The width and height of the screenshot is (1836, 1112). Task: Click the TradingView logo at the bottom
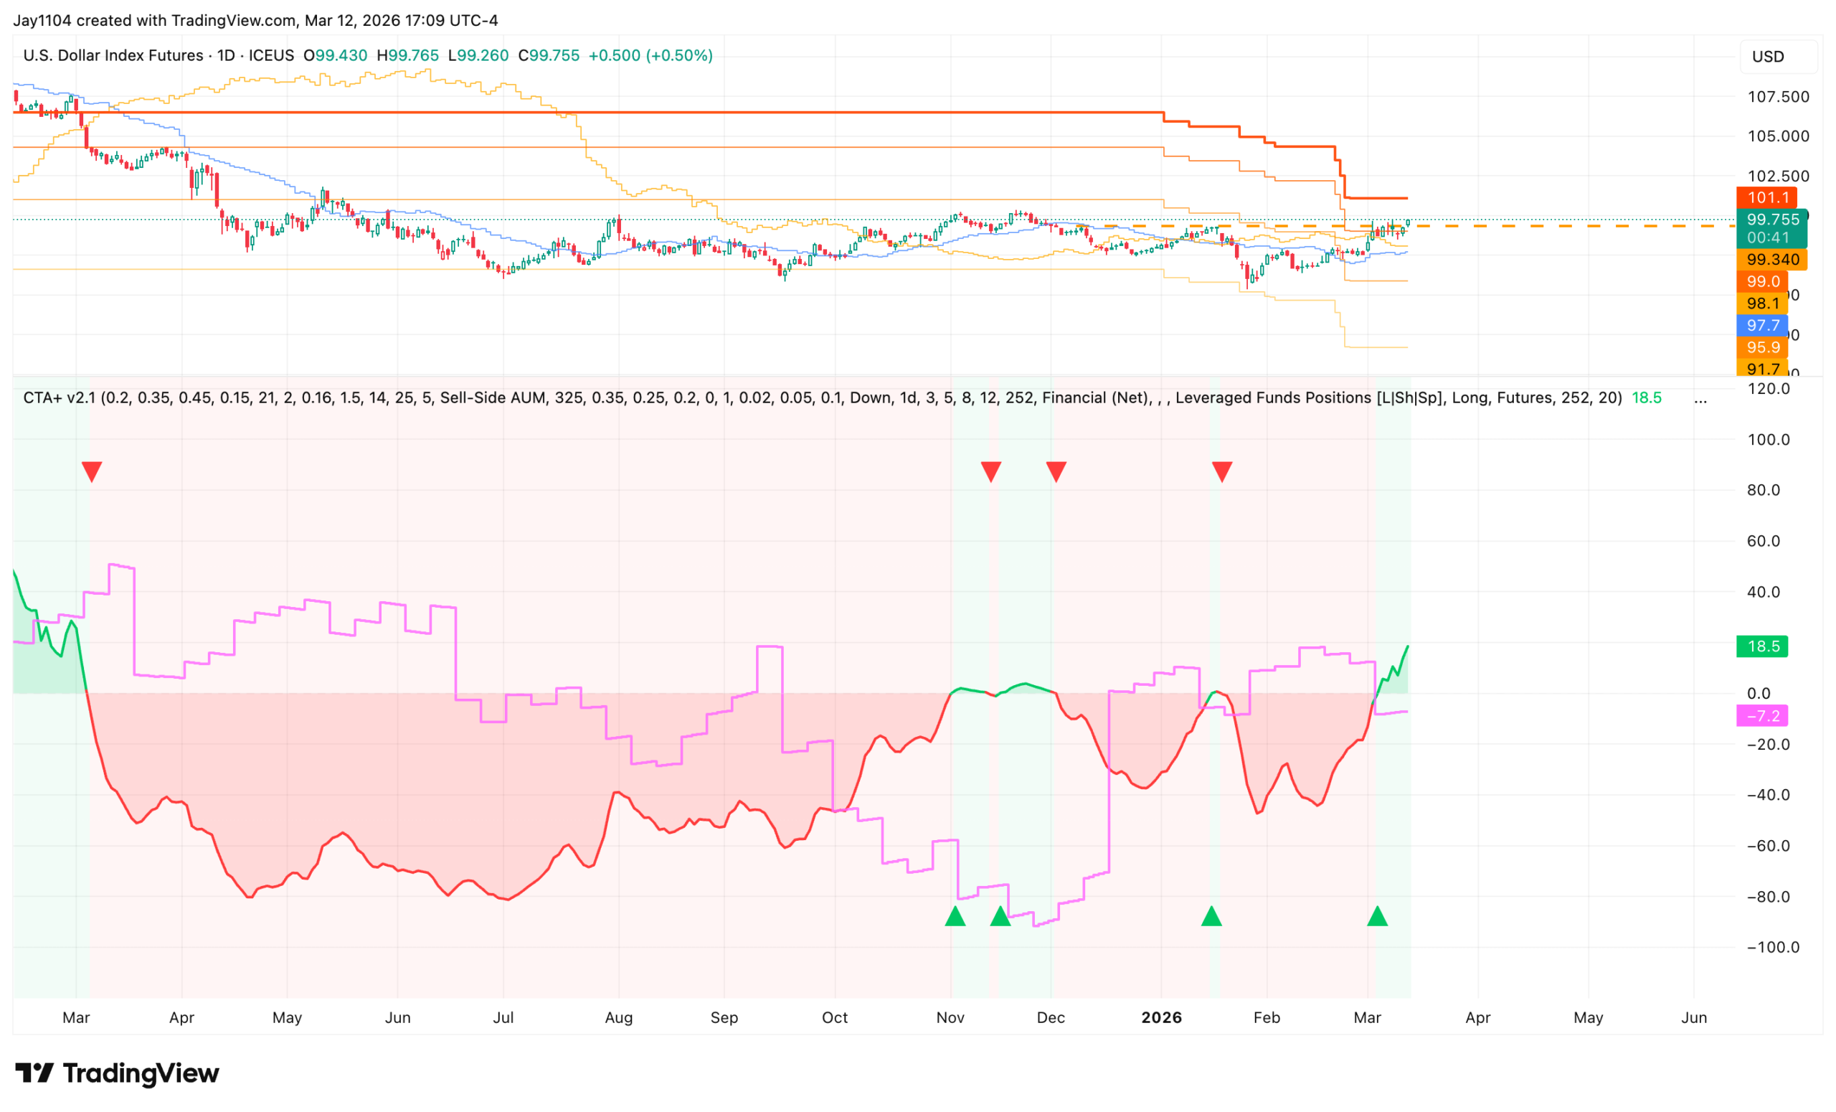[117, 1073]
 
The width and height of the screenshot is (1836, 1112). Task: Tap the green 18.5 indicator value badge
[1761, 646]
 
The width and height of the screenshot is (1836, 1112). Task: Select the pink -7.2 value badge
[1761, 715]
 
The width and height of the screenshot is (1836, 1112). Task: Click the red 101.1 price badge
[1766, 197]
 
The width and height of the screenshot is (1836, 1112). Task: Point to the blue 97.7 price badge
[1762, 325]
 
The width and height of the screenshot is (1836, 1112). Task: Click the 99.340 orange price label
[1772, 260]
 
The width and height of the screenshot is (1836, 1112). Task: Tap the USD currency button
[1767, 57]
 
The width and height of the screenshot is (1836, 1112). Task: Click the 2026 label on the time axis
[1161, 1017]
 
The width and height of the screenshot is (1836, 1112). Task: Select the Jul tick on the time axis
[503, 1017]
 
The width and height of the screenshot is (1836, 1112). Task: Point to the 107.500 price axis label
[1778, 97]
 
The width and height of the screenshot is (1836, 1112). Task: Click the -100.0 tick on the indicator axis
[1773, 947]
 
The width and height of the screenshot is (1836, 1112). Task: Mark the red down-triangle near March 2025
[92, 471]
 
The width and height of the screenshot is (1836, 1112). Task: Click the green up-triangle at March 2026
[1377, 916]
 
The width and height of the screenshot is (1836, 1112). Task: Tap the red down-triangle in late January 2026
[1222, 471]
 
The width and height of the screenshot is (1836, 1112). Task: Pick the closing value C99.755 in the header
[549, 55]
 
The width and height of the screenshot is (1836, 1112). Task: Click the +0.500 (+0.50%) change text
[650, 55]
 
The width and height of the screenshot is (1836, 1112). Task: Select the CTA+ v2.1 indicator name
[59, 397]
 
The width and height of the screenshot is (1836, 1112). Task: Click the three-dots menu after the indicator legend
[1700, 397]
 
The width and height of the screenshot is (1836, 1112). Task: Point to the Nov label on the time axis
[950, 1017]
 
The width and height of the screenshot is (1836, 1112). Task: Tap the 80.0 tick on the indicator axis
[1763, 490]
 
